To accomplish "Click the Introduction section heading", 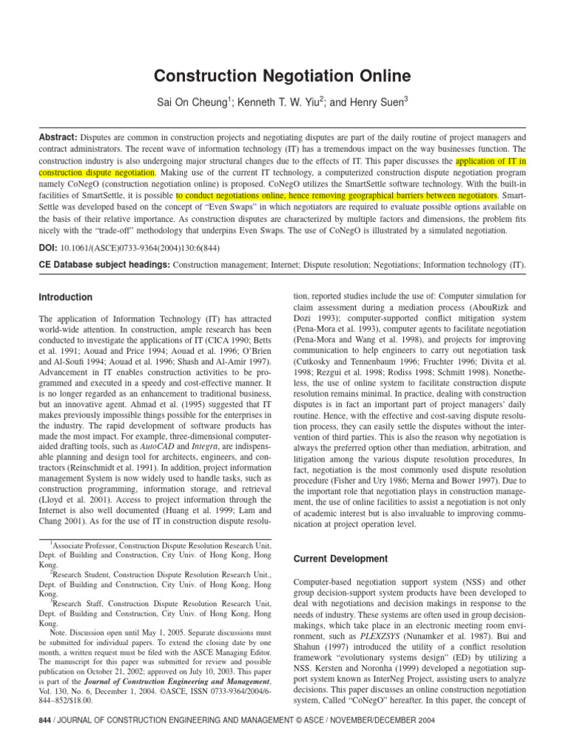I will (65, 298).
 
